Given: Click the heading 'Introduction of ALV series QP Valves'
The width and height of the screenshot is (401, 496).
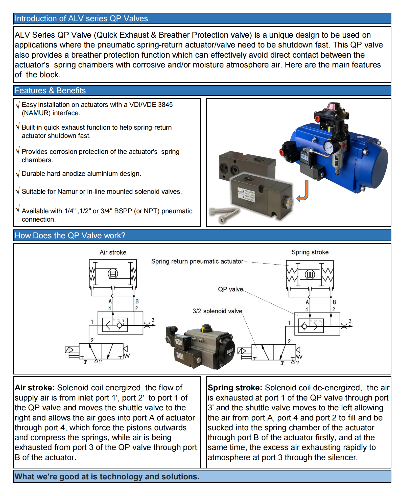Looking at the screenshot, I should click(x=81, y=18).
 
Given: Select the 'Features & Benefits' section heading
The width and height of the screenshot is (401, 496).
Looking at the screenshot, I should click(x=50, y=90).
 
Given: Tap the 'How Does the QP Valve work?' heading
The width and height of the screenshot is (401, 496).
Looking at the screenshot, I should click(x=70, y=235).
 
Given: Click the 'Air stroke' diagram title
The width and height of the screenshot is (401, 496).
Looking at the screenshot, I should click(x=113, y=252).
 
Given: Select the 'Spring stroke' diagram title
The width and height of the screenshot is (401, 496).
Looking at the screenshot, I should click(x=310, y=252).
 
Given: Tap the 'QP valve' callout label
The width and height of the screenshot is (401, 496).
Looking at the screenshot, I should click(x=230, y=289).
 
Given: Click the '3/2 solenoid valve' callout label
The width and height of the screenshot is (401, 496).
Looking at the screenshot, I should click(x=217, y=311).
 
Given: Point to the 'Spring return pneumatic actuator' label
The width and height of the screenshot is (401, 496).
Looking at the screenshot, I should click(x=197, y=261).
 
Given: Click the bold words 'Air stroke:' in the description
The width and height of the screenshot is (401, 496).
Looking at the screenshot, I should click(x=35, y=388).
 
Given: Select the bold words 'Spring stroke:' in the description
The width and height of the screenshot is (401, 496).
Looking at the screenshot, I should click(x=235, y=388).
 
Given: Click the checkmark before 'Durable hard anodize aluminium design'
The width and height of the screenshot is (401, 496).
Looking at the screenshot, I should click(x=17, y=174).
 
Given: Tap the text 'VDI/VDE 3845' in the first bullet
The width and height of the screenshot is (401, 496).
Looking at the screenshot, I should click(x=151, y=105).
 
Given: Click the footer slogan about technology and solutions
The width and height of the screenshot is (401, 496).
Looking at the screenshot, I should click(x=107, y=477).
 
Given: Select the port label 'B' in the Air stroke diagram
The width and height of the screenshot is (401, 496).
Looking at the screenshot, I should click(x=137, y=301).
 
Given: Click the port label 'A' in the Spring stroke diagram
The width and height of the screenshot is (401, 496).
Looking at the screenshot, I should click(x=307, y=302).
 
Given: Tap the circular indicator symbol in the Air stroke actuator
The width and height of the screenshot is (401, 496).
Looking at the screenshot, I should click(x=113, y=274).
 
